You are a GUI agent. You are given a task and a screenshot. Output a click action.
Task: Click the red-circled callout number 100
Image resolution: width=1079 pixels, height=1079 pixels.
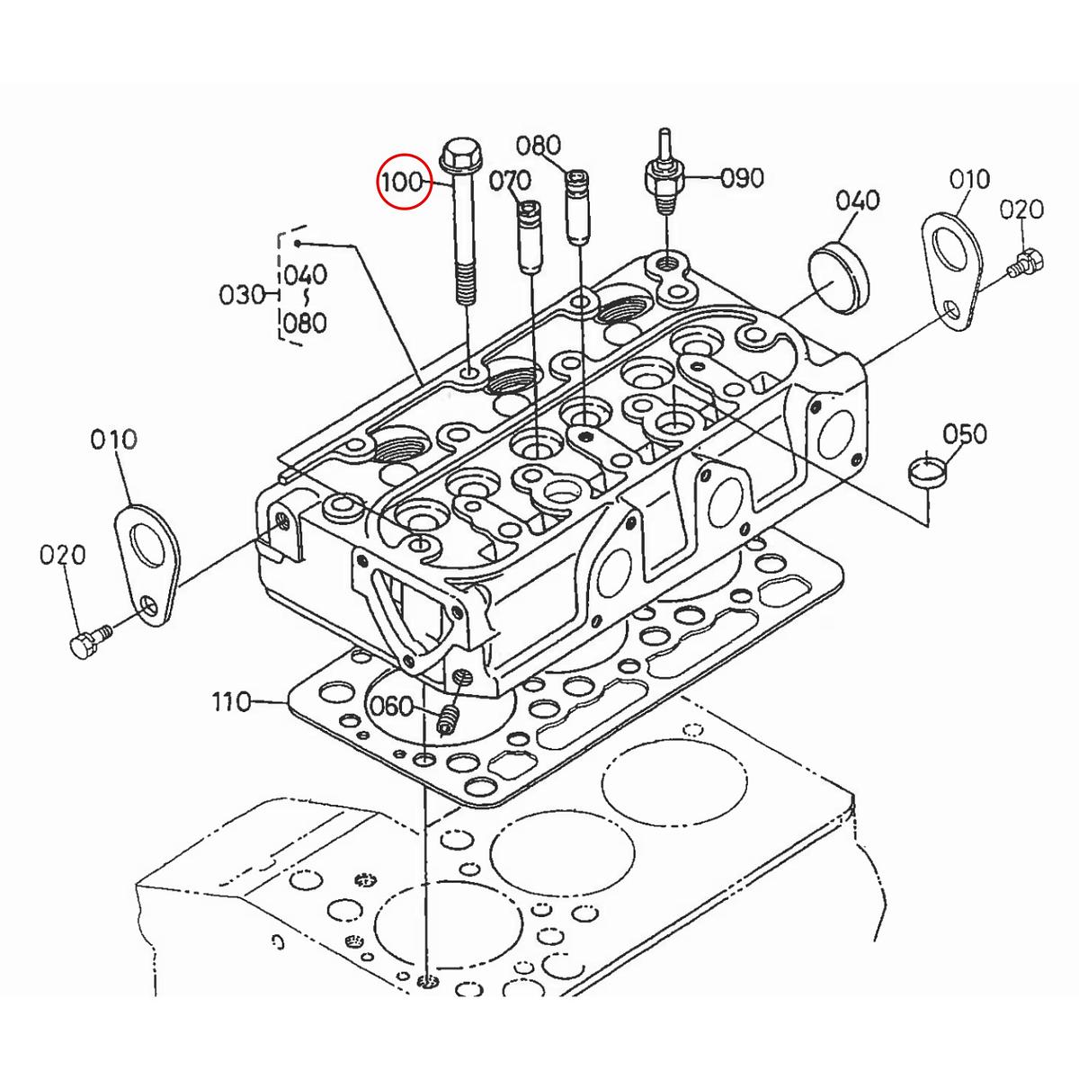point(401,183)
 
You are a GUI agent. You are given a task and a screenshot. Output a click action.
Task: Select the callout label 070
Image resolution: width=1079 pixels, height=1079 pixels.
point(510,183)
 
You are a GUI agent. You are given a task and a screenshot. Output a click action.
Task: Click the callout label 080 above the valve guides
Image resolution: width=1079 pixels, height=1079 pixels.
point(539,146)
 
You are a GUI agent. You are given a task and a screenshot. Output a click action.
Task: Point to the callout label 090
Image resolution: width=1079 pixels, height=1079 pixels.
point(742,178)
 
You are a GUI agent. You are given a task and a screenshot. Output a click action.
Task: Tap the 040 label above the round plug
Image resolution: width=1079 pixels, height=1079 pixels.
point(858,201)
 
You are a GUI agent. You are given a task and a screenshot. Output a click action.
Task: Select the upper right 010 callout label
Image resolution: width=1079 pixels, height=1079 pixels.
point(968,180)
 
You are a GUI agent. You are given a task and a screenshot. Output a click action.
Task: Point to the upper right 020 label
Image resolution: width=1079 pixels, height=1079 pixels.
point(1021,210)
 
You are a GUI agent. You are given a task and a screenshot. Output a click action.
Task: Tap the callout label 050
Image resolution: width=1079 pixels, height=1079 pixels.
point(965,435)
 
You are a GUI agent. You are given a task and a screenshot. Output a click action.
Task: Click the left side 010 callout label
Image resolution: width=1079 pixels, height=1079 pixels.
point(113,440)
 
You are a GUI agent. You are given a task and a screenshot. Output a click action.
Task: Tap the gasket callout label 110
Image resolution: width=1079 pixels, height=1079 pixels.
point(232,701)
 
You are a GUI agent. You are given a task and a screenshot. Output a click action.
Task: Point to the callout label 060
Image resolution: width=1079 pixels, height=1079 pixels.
point(392,707)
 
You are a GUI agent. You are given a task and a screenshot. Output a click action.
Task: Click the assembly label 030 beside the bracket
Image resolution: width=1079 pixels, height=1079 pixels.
point(242,294)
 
